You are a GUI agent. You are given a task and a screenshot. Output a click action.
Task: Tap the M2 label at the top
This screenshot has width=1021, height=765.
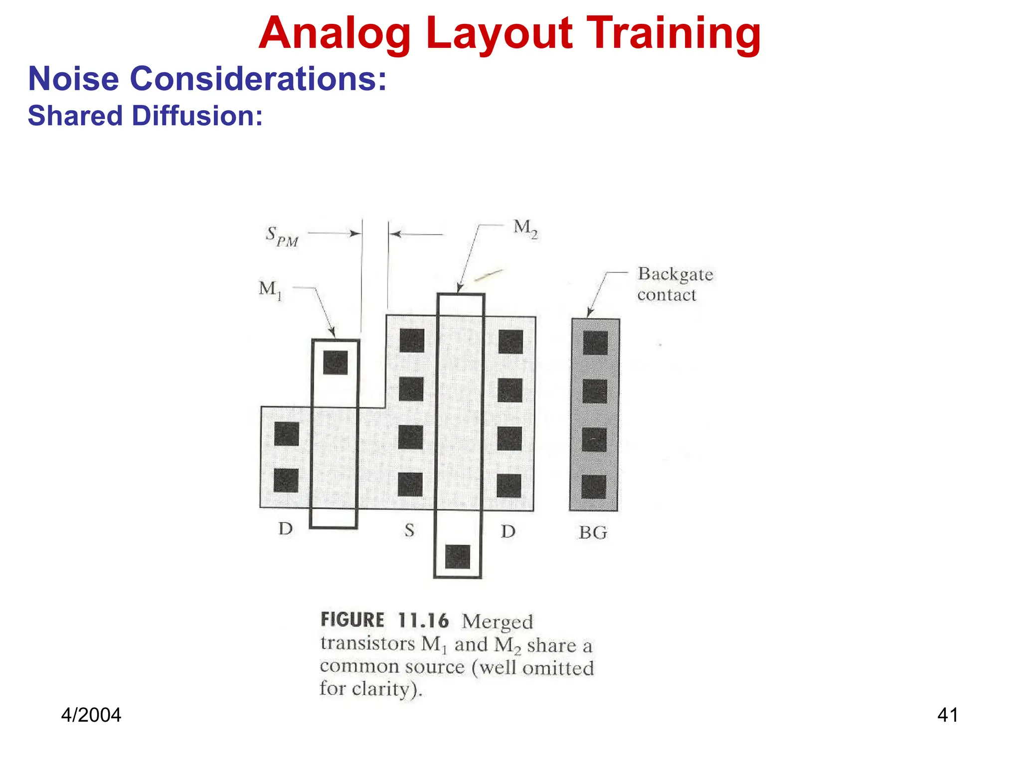tap(525, 229)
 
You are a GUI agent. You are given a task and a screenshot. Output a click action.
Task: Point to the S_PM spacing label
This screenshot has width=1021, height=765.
tap(282, 236)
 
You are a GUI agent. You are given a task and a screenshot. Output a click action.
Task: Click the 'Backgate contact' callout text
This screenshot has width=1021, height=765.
tap(675, 284)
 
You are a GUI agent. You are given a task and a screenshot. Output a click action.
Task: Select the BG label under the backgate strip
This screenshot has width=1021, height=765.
tap(593, 533)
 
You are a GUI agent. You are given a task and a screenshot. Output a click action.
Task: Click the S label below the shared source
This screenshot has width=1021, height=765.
tap(409, 530)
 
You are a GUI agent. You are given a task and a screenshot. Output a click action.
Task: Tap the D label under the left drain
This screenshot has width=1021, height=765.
tap(286, 528)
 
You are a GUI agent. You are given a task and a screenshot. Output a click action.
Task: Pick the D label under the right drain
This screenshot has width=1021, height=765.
tap(508, 531)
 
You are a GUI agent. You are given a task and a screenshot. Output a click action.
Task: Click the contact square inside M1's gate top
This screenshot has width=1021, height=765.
tap(335, 363)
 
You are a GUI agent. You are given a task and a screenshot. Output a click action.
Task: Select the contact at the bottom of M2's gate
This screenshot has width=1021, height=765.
tap(457, 556)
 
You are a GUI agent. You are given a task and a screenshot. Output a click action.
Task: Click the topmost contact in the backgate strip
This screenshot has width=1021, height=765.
tap(595, 343)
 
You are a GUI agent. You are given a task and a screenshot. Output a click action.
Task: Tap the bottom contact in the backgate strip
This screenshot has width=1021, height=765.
tap(594, 487)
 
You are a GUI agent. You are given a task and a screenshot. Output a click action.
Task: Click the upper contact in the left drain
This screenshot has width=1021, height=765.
tap(287, 434)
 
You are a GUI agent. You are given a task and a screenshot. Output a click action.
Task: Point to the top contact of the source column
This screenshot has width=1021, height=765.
tap(412, 341)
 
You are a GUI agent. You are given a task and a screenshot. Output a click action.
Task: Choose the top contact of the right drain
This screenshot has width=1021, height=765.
tap(510, 342)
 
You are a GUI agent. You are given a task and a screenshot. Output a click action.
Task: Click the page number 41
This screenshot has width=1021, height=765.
tap(947, 715)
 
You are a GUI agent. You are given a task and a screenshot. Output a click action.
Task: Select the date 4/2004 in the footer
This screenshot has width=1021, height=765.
tap(91, 715)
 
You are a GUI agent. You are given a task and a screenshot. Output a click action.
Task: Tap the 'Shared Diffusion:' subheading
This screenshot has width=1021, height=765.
tap(145, 116)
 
